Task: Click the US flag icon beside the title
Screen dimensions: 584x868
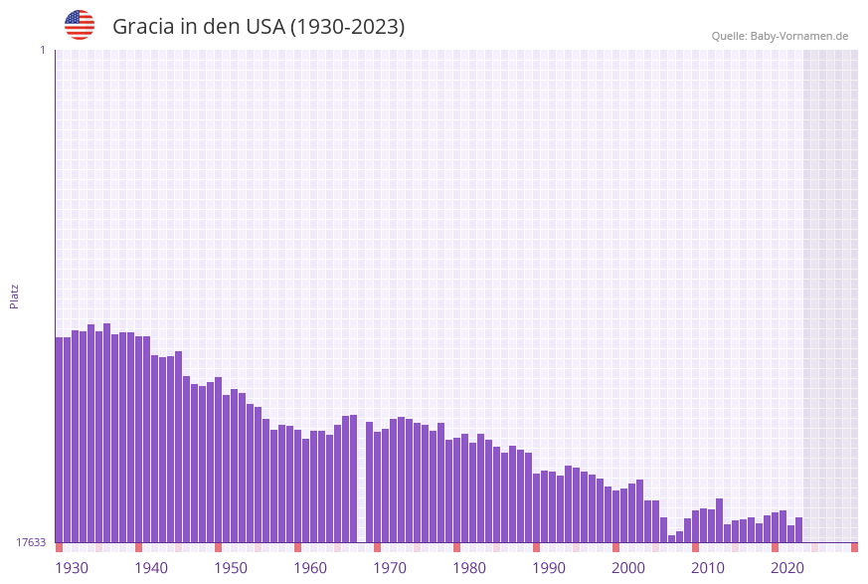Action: click(x=80, y=25)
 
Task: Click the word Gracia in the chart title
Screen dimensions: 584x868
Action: click(x=143, y=27)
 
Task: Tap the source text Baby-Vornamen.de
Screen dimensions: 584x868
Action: click(x=799, y=36)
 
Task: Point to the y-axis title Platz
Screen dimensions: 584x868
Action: click(x=14, y=295)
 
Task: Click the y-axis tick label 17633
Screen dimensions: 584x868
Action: click(x=30, y=542)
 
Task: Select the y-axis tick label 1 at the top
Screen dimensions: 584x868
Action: click(x=42, y=50)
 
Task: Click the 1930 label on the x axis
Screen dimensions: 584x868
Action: click(x=72, y=568)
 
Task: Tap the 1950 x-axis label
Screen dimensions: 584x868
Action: click(x=231, y=568)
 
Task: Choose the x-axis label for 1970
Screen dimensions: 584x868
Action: click(x=390, y=568)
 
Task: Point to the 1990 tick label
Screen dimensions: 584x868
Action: click(x=549, y=568)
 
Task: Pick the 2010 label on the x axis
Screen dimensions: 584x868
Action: click(x=708, y=568)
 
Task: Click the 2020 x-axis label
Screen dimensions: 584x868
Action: click(x=787, y=568)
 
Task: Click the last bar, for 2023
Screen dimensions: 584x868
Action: click(x=798, y=530)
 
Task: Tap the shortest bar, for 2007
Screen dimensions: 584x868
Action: click(x=671, y=538)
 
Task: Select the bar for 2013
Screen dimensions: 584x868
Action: click(x=719, y=520)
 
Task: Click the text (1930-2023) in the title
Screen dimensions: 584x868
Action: click(x=347, y=27)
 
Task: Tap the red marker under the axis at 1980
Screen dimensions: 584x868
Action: click(x=456, y=547)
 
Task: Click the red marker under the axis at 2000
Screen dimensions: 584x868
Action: click(x=615, y=547)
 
